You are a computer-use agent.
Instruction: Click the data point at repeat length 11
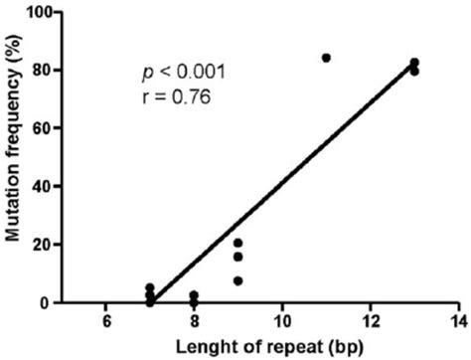pos(326,58)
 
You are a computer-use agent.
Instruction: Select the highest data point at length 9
pos(238,243)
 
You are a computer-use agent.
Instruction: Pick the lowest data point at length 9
pos(238,280)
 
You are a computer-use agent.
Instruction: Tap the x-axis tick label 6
pos(105,321)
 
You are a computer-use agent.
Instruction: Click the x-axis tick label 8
pos(194,321)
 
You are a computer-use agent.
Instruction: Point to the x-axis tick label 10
pos(281,321)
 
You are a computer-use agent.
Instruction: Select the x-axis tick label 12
pos(370,321)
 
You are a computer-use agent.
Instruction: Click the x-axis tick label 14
pos(457,321)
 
